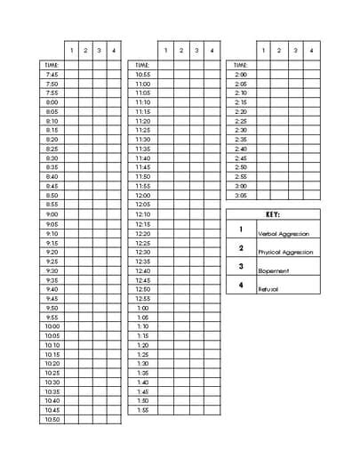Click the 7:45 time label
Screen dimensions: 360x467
click(x=52, y=74)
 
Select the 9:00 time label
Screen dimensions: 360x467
click(x=52, y=214)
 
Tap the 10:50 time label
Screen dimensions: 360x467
click(x=52, y=419)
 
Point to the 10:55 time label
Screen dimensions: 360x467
click(x=143, y=74)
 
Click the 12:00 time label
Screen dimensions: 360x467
click(x=143, y=196)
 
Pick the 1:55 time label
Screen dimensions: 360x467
click(x=143, y=410)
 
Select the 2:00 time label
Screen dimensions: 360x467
click(x=240, y=74)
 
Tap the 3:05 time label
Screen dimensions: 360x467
click(x=240, y=196)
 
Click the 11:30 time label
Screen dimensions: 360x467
click(x=143, y=140)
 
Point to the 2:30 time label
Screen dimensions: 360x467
click(x=240, y=130)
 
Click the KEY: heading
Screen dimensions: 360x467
click(x=273, y=214)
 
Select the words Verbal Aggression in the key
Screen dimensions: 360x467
click(x=285, y=233)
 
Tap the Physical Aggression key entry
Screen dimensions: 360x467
click(x=285, y=253)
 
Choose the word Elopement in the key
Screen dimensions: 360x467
click(x=273, y=270)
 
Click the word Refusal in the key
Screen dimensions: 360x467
click(x=268, y=289)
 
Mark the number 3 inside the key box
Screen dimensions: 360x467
click(x=241, y=266)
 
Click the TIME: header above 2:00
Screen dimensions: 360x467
click(x=240, y=65)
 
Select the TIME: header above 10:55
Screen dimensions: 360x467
click(x=143, y=65)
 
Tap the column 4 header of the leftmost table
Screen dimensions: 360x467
click(x=113, y=50)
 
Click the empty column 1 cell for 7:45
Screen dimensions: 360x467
click(x=72, y=74)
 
